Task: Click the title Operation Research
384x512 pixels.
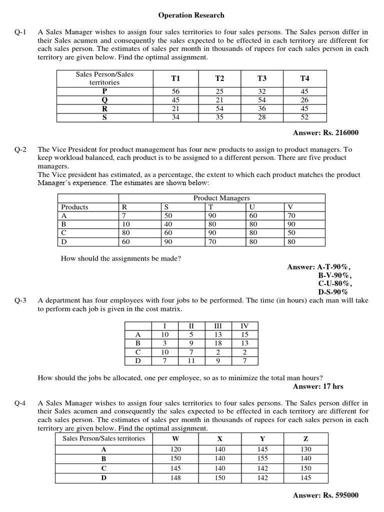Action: (191, 15)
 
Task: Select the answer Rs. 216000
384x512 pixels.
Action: (325, 132)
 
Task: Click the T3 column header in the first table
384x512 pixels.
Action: (262, 78)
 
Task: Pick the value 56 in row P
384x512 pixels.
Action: (175, 91)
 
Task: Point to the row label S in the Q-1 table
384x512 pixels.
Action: (104, 117)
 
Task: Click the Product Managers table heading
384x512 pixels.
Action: (221, 198)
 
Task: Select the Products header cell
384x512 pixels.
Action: (74, 207)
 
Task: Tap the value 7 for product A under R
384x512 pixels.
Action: (124, 215)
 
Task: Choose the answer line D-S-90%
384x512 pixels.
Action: (333, 292)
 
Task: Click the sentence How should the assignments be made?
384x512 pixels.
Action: (120, 258)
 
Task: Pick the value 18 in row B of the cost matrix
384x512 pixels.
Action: (217, 343)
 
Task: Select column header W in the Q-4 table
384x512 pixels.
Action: (175, 438)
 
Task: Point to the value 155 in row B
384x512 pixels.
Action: (262, 458)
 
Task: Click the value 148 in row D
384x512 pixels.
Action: (175, 478)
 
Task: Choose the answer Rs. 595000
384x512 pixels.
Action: (325, 495)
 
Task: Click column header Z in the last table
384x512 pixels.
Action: (306, 438)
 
